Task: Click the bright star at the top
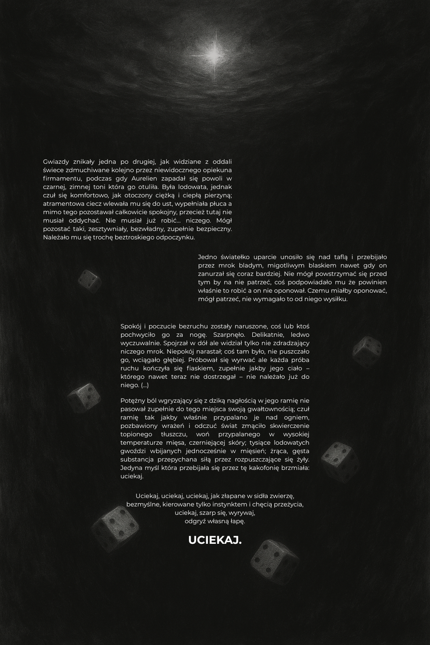215,53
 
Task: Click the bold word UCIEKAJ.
215,540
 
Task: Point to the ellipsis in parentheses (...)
145,385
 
